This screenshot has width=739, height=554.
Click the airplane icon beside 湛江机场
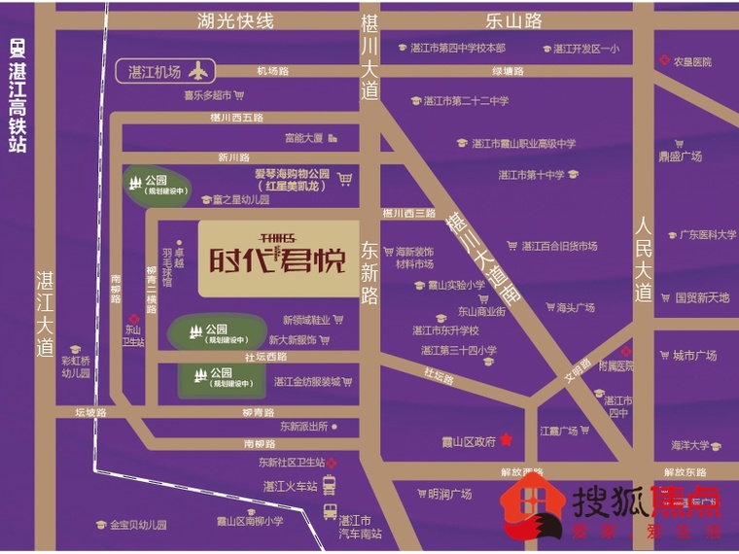pos(200,71)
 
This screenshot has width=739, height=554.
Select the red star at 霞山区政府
pos(506,441)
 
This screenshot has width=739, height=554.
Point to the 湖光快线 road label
pos(234,21)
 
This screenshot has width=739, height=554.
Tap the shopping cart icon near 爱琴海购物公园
pos(344,179)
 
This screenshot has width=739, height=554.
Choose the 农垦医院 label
pos(693,61)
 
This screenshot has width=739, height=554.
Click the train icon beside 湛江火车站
pos(330,484)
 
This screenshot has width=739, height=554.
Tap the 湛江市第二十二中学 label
pos(466,100)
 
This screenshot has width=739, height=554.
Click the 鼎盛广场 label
pos(680,156)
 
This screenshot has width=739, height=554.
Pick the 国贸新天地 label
pos(702,297)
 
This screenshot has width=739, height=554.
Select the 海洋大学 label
pos(689,445)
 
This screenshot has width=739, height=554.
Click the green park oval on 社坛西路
pos(215,377)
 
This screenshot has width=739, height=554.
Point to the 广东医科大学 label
pos(707,234)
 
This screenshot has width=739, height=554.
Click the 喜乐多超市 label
pos(207,95)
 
